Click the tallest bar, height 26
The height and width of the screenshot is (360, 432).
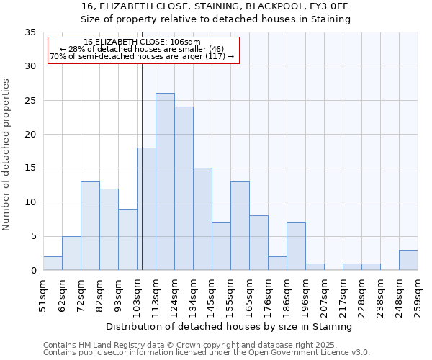(165, 181)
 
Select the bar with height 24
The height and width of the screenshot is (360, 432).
(184, 189)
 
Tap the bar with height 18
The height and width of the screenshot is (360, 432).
(146, 209)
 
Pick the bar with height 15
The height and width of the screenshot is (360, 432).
(202, 219)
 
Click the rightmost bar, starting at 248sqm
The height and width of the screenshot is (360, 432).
(408, 260)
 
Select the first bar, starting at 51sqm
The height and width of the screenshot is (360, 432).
(53, 264)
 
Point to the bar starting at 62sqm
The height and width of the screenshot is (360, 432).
(71, 253)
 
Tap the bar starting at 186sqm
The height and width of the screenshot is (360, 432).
(296, 246)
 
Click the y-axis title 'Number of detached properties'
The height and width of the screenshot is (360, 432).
(6, 154)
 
